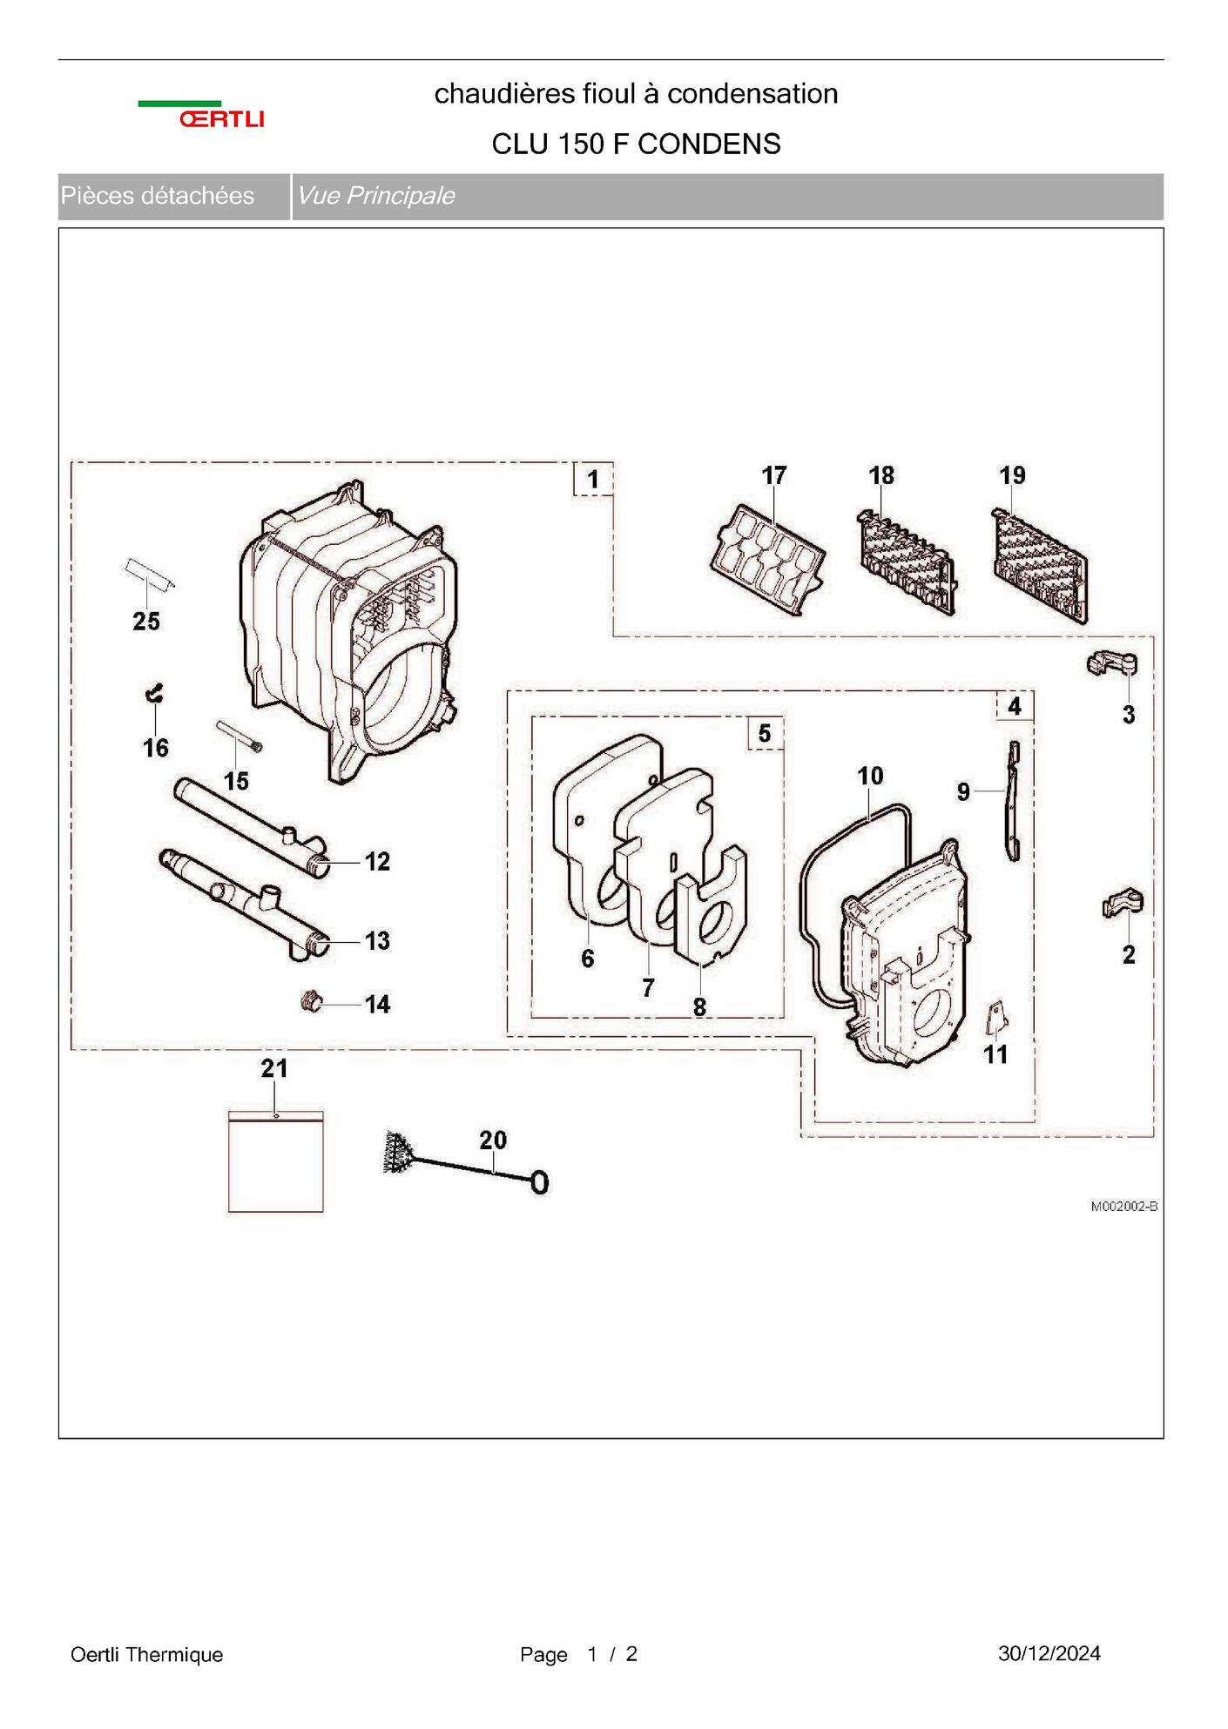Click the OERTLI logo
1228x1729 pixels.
click(201, 115)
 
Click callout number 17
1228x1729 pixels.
click(773, 475)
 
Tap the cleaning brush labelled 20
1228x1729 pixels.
click(465, 1163)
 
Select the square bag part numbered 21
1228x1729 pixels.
click(275, 1161)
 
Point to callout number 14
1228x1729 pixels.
click(377, 1004)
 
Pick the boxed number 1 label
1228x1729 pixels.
click(593, 479)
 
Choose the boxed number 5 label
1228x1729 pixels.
click(765, 733)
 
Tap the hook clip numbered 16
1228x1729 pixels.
click(154, 693)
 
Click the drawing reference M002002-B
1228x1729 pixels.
click(1123, 1206)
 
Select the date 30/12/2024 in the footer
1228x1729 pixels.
click(1049, 1653)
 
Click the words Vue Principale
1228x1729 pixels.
click(375, 196)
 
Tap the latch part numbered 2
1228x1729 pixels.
click(1122, 903)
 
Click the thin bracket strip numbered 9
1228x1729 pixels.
click(1013, 801)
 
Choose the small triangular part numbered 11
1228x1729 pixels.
click(997, 1017)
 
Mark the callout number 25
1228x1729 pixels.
click(146, 621)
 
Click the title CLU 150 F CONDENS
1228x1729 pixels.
click(636, 144)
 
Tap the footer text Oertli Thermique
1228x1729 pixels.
click(146, 1654)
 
